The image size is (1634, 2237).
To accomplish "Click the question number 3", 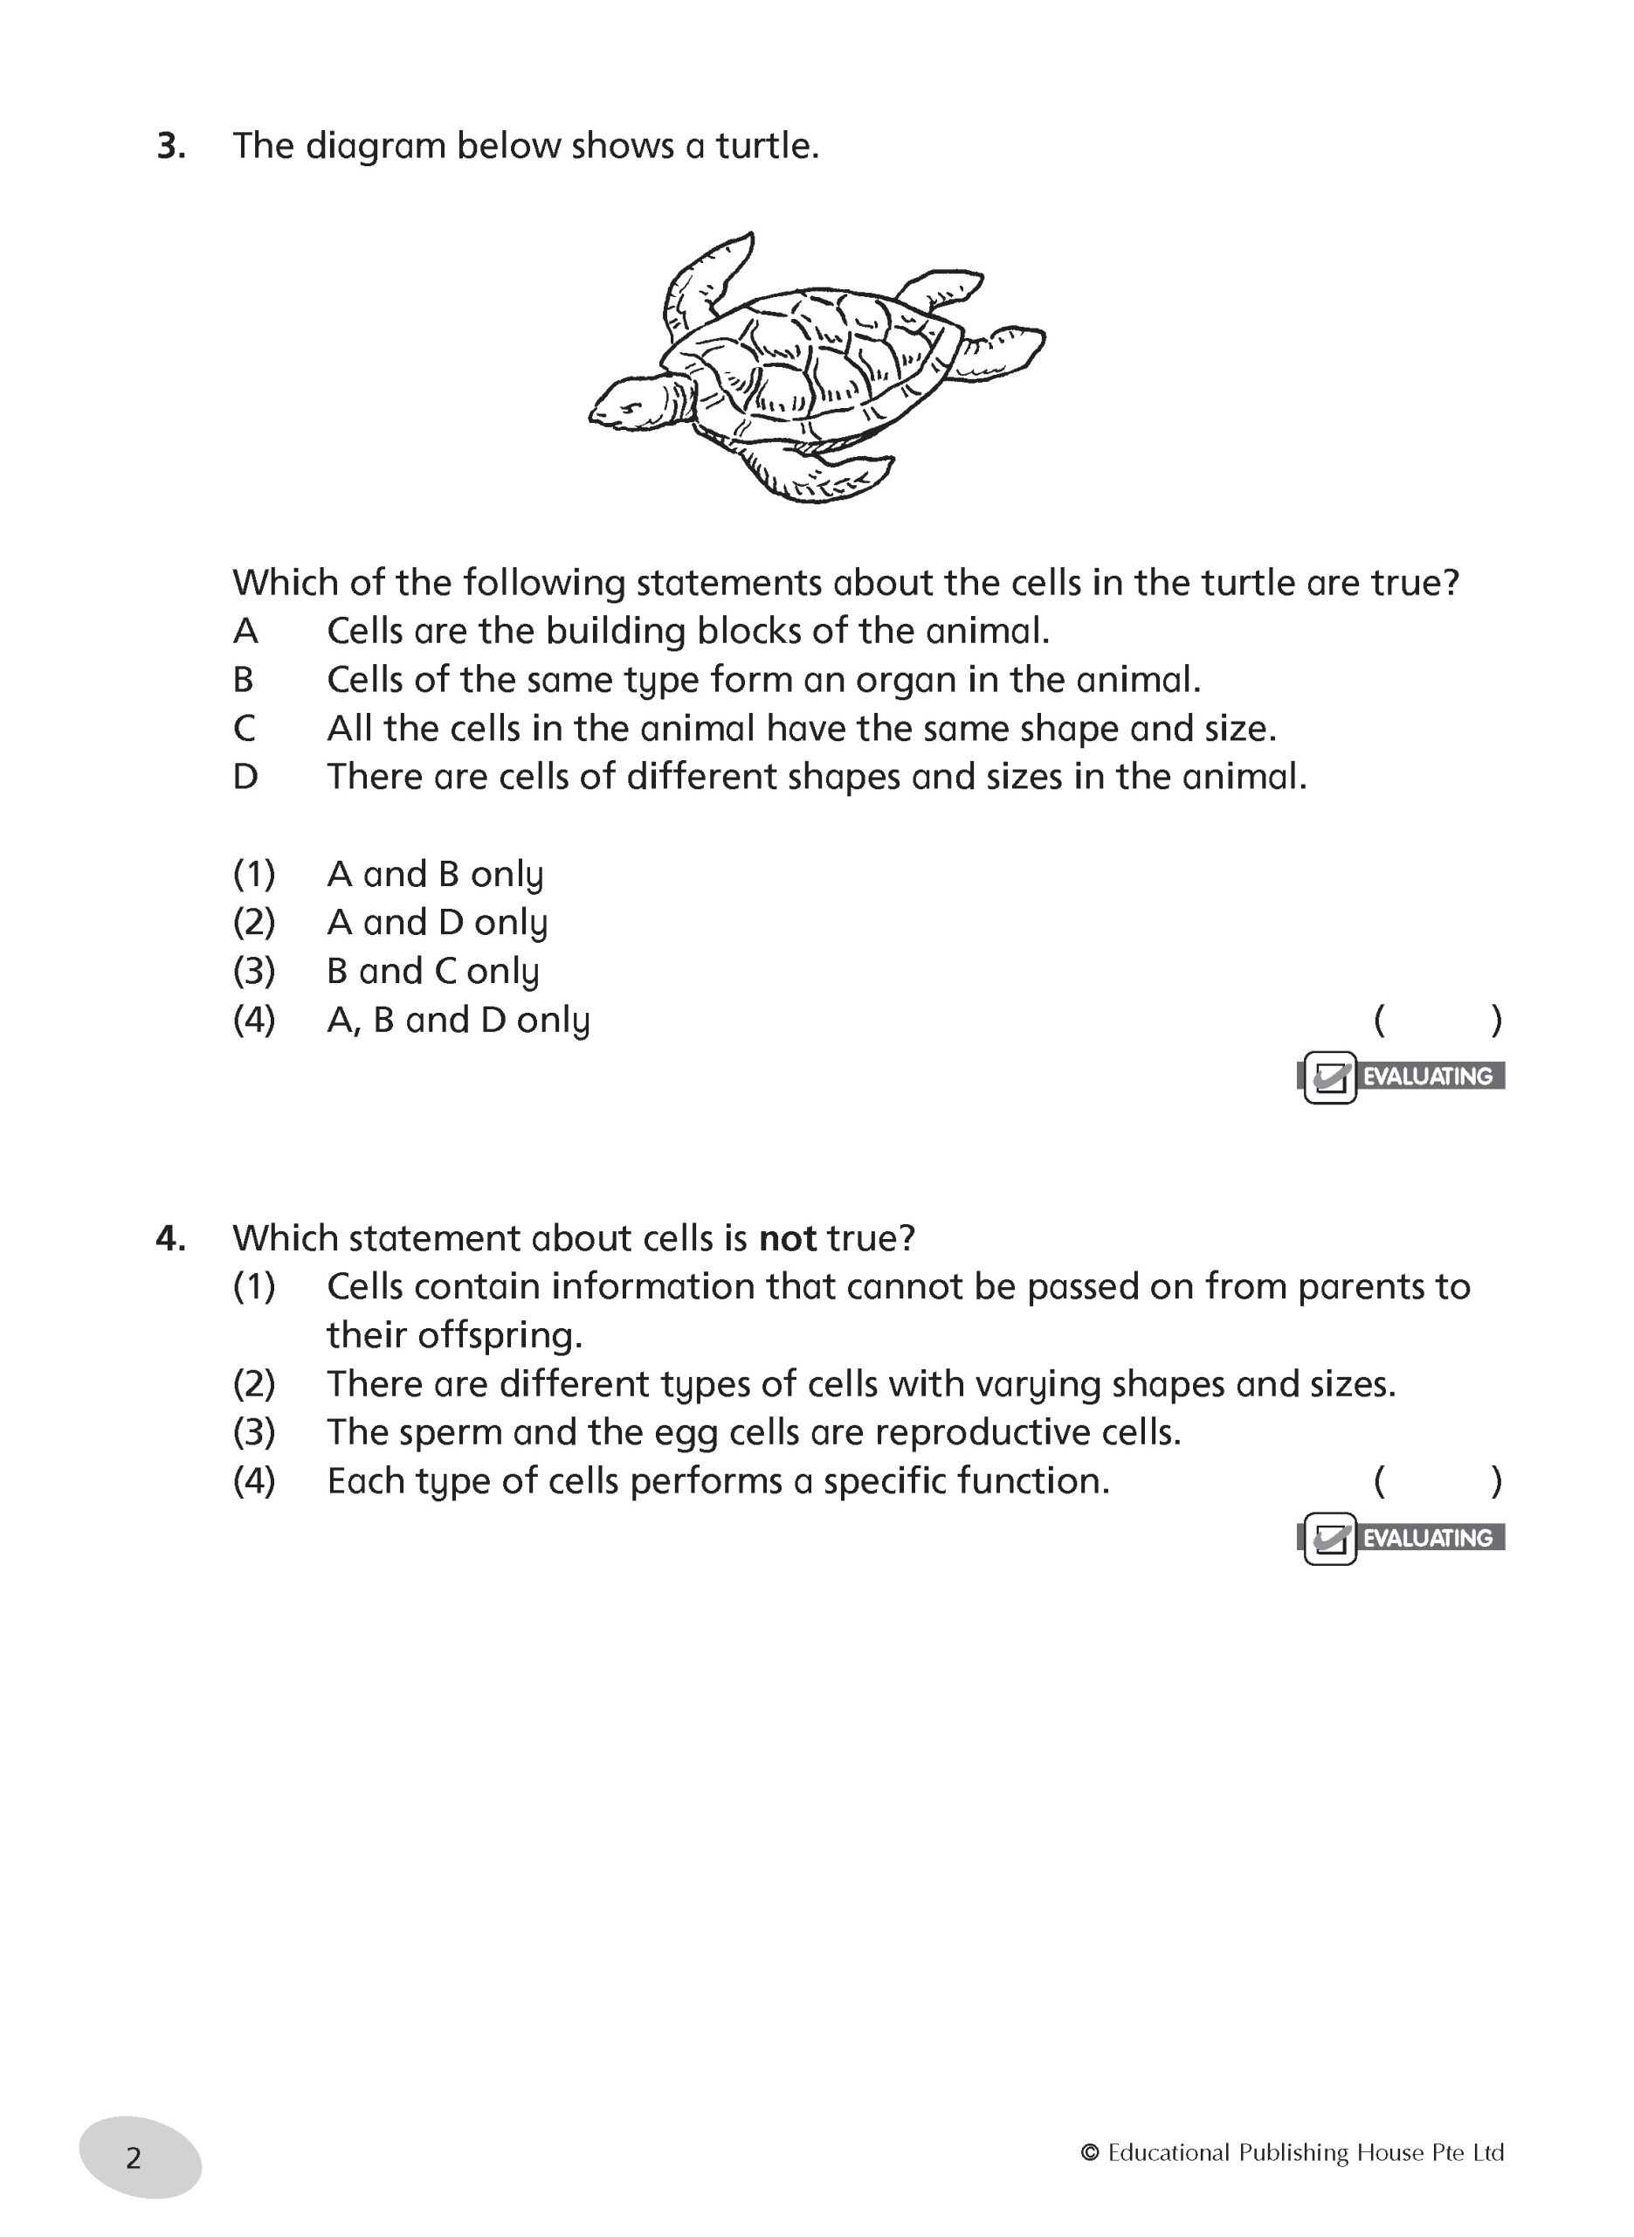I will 170,147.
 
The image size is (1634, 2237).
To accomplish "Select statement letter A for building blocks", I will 245,631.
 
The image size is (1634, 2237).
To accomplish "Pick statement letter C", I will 245,729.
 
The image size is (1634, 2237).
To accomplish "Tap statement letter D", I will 245,778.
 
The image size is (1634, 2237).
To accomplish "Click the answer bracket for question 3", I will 1438,1020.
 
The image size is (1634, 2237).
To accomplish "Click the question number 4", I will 170,1239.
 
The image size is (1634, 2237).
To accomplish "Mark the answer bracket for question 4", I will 1438,1481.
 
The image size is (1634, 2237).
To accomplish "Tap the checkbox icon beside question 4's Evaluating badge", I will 1329,1540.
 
